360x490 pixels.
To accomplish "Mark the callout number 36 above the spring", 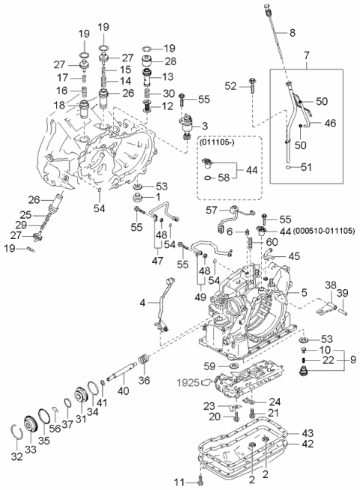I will click(145, 380).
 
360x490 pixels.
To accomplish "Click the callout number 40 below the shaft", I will click(123, 390).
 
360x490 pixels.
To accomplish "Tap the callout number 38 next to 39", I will click(330, 285).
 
